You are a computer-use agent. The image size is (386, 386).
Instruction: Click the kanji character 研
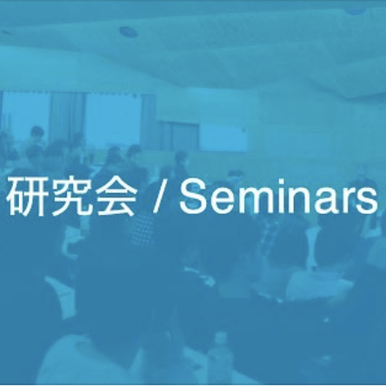click(x=28, y=197)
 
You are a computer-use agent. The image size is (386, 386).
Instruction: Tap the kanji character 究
click(x=72, y=197)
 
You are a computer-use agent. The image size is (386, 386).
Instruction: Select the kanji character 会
click(x=116, y=197)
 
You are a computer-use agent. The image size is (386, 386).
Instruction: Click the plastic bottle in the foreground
click(x=220, y=358)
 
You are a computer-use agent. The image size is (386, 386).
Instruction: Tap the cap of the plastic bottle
click(x=220, y=336)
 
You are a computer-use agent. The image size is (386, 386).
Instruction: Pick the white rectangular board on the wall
click(x=223, y=137)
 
